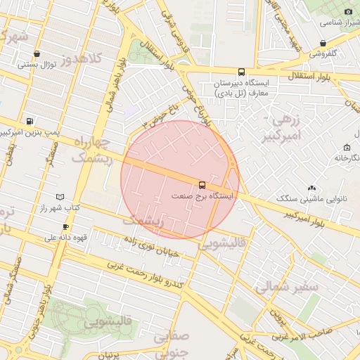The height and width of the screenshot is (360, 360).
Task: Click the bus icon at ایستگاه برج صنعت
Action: coord(203,186)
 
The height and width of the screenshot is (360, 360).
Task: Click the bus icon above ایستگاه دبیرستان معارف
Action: coord(242,72)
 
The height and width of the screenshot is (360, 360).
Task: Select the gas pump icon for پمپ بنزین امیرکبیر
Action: coord(29,120)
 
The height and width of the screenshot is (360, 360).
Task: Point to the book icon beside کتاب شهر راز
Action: coord(60,198)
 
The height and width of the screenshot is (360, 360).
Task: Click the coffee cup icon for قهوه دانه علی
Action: coord(65,227)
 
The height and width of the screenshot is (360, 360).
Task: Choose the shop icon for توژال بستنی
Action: coord(36,53)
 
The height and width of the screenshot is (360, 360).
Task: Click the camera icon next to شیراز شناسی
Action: coord(348,11)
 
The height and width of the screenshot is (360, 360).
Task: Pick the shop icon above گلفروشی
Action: coord(323,43)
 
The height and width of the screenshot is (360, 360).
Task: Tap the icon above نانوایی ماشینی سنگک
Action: coord(312,188)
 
